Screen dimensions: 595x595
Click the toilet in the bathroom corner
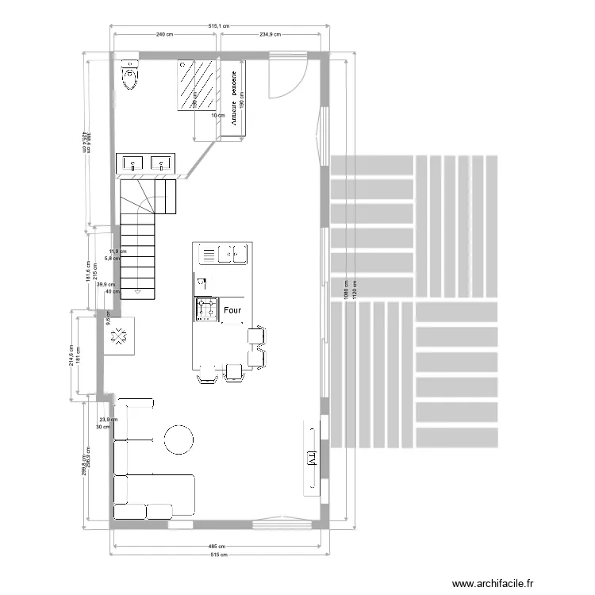point(129,76)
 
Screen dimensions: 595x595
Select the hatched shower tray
point(198,84)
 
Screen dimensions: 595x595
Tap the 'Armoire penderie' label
point(234,98)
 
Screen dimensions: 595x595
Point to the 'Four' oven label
point(233,311)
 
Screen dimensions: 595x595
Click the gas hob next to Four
point(205,309)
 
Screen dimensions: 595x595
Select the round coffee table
point(179,439)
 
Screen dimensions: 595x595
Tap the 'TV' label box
point(312,458)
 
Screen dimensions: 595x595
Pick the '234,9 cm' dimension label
point(271,35)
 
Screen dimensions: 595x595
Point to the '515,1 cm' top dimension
point(218,25)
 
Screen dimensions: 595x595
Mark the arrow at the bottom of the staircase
point(138,292)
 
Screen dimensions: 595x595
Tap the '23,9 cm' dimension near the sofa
point(108,420)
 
